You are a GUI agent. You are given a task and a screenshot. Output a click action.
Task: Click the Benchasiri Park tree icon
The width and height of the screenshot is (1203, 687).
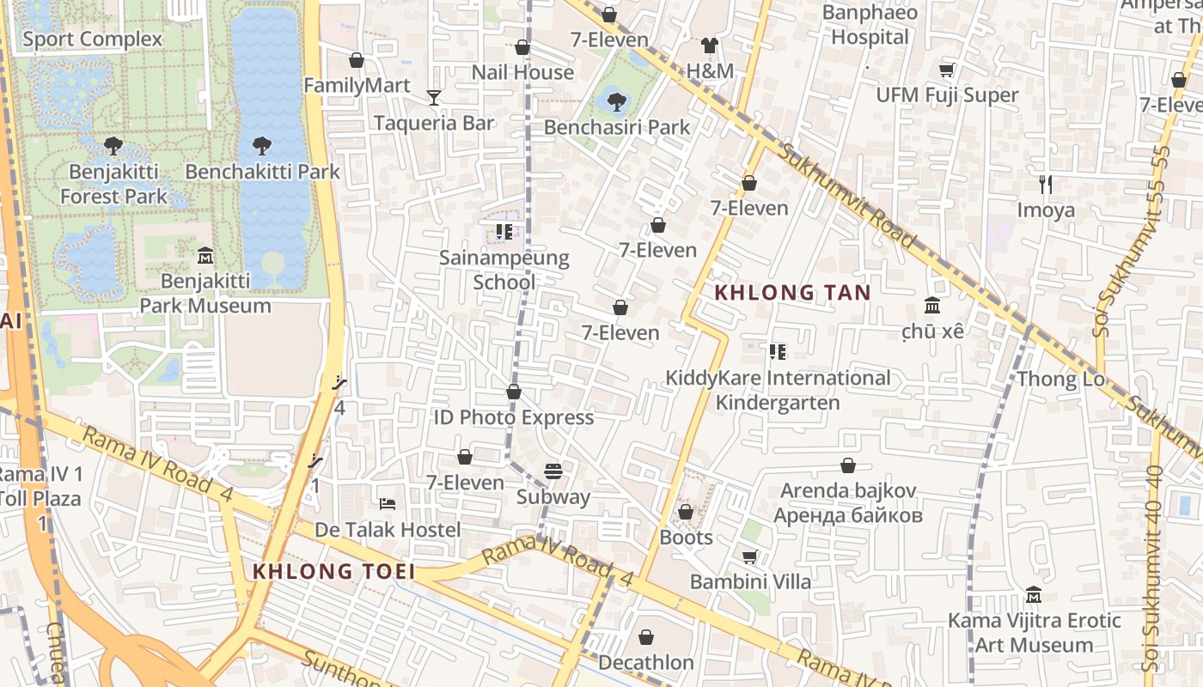[616, 102]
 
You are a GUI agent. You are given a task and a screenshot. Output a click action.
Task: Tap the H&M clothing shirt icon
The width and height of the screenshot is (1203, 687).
[709, 46]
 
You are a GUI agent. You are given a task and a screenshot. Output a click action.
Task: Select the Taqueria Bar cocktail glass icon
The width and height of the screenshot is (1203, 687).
[434, 98]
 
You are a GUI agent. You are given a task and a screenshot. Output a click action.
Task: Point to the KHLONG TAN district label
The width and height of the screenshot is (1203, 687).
[792, 293]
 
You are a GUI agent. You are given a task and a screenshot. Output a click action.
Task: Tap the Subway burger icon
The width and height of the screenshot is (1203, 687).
[553, 471]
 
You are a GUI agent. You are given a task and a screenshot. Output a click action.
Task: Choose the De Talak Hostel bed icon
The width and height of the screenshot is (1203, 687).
[388, 503]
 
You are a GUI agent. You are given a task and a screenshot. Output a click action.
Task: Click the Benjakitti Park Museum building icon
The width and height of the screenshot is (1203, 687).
[205, 256]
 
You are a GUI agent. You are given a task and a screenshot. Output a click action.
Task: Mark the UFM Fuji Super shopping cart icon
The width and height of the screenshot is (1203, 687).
[947, 70]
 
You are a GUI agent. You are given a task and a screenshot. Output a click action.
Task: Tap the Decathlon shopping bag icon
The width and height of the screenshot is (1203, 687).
[646, 637]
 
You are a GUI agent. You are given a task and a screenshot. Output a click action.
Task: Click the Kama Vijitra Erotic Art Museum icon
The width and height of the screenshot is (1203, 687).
[1034, 594]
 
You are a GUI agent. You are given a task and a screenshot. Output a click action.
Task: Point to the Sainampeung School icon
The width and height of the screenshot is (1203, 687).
[504, 232]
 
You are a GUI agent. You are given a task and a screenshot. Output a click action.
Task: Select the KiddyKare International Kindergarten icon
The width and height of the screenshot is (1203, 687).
[778, 352]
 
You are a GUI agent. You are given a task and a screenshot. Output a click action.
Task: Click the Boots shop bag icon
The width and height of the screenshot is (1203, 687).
[686, 513]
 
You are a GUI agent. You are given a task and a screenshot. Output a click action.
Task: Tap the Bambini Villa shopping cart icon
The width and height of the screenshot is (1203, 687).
[750, 556]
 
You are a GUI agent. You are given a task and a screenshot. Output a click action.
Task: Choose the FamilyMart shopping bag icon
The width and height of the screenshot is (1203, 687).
[357, 60]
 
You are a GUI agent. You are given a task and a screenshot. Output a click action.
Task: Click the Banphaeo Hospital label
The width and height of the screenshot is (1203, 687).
[870, 25]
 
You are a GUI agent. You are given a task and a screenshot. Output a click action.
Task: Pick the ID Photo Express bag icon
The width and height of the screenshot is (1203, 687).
[514, 392]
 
